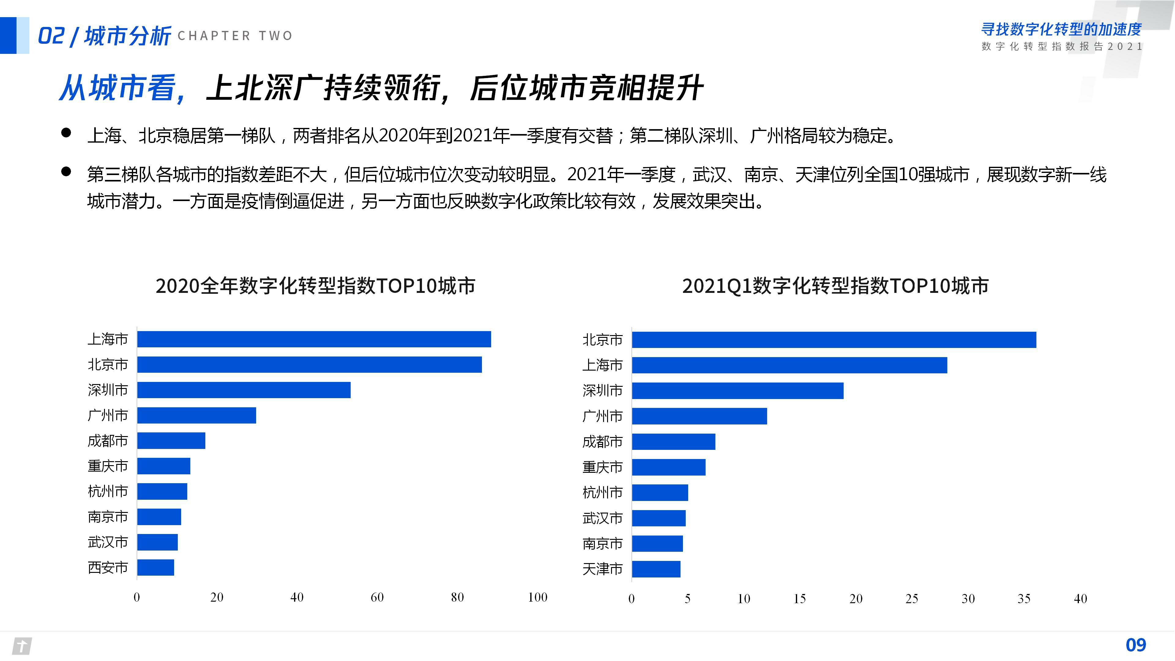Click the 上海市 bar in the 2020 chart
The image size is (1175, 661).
click(x=314, y=339)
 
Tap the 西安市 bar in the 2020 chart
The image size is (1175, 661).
click(x=155, y=567)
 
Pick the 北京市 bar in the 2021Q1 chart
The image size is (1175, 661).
click(x=834, y=340)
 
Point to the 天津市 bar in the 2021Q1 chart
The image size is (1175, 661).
click(x=656, y=569)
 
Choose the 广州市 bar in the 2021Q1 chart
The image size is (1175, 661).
click(x=699, y=416)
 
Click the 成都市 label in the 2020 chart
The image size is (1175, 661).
click(x=108, y=441)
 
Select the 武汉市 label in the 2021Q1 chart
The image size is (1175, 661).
click(x=602, y=518)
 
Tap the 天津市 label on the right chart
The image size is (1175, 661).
click(x=602, y=569)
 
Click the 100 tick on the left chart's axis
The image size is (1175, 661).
click(x=537, y=597)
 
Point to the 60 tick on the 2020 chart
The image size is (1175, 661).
click(x=377, y=597)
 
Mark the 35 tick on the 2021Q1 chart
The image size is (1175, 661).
click(x=1024, y=599)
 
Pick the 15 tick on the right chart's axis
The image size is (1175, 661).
click(x=800, y=599)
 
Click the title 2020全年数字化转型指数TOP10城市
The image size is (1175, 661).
click(x=315, y=286)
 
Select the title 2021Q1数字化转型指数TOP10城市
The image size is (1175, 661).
click(x=835, y=286)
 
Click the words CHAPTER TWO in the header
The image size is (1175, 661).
click(x=235, y=35)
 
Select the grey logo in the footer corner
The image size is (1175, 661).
click(x=21, y=646)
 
